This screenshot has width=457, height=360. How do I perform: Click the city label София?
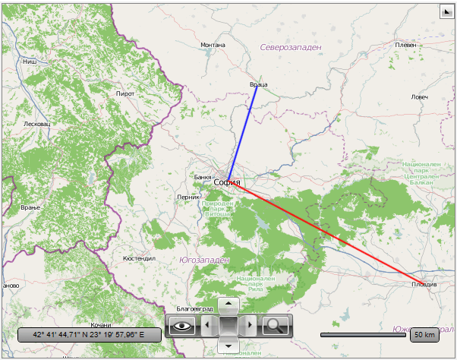[227, 182]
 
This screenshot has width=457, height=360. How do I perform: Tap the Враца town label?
[258, 84]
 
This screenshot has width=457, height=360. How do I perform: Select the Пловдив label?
[424, 284]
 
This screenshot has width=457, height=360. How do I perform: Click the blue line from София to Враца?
[242, 133]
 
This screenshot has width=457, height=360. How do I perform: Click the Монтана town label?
[213, 45]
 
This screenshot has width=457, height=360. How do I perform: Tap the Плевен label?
[406, 45]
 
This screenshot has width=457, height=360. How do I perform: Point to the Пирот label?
[124, 93]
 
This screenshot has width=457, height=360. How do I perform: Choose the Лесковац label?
[36, 124]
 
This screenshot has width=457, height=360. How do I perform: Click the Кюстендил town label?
[139, 258]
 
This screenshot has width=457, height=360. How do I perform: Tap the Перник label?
[188, 197]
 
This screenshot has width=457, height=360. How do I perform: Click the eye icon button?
[181, 327]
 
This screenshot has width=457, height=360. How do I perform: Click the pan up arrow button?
[228, 305]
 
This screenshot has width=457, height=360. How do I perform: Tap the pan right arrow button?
[251, 327]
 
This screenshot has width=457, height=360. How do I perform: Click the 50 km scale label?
[424, 334]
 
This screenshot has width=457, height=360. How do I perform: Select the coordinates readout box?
[89, 334]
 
